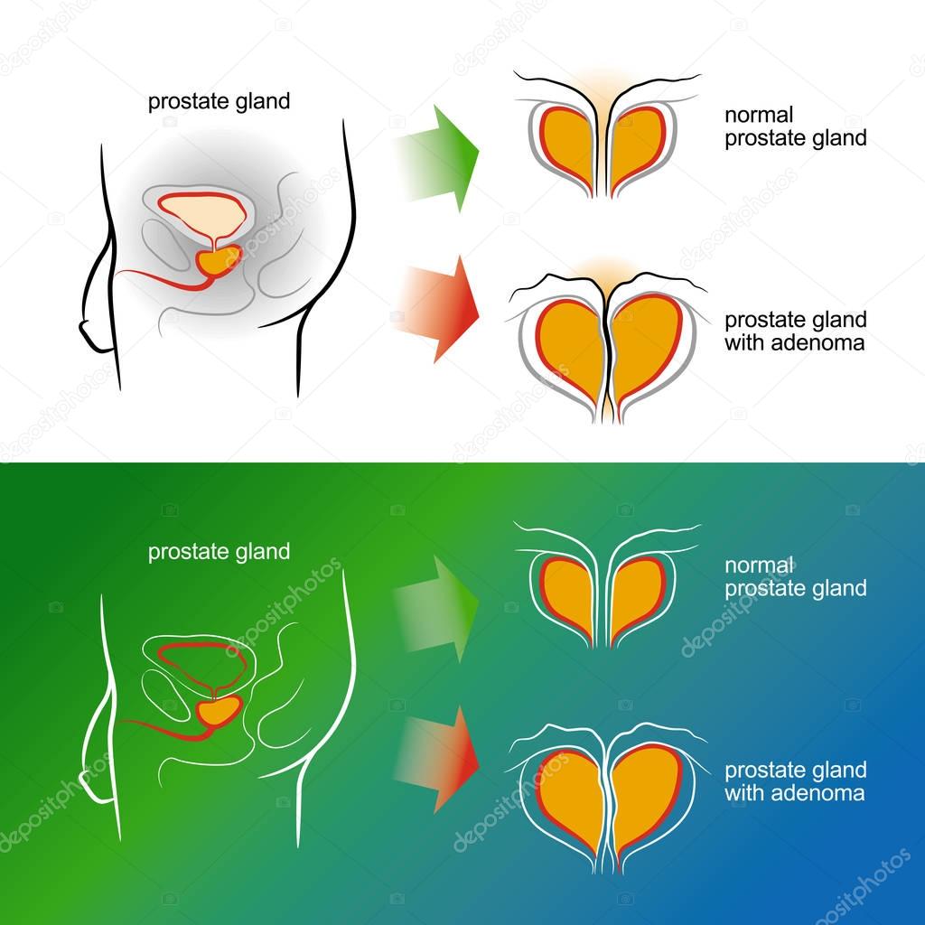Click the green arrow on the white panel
(x=447, y=157)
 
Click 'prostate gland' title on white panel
(x=219, y=101)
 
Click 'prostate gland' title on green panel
(x=219, y=551)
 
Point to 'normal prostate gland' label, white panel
(x=795, y=126)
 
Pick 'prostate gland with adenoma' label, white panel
(x=795, y=332)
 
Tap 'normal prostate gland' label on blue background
(x=795, y=576)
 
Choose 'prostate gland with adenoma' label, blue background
(x=795, y=781)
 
